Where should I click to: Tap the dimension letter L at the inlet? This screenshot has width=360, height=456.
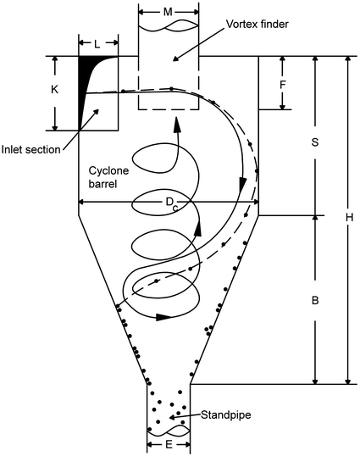(x=97, y=42)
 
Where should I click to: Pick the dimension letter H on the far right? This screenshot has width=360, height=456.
(x=348, y=219)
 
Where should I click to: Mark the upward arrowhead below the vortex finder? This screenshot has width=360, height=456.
(x=176, y=125)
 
